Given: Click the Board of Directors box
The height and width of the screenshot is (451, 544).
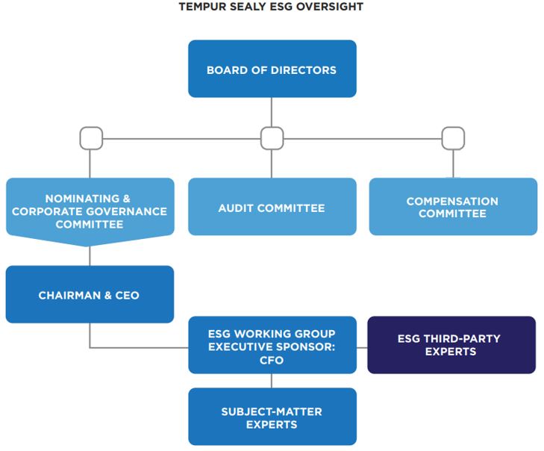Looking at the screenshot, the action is pos(272,69).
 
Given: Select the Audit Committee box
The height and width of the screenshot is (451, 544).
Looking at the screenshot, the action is pos(272,207).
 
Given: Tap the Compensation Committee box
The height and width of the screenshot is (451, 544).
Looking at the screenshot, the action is pos(453,207).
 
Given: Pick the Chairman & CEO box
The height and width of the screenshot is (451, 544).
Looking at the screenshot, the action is pos(90,294).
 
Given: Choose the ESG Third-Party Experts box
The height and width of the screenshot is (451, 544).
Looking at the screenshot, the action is pos(451,345).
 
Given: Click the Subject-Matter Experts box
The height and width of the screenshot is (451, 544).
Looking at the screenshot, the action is pos(272,417).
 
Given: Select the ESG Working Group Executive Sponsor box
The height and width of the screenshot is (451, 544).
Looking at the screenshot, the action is pos(272,345).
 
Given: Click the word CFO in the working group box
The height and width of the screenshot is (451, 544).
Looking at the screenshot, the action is pos(272,360).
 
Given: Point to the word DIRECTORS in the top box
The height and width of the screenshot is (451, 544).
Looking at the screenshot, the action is pos(304,70).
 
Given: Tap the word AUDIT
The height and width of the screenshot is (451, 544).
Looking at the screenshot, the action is pos(236,208).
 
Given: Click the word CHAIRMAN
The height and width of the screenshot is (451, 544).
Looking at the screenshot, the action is pos(69,295).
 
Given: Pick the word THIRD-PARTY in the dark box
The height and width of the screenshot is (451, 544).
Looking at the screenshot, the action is pos(462,338).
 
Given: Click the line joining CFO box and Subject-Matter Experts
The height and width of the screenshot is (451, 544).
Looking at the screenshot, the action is pos(272,381).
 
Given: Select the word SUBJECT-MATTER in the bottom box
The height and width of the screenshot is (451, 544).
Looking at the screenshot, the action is pos(272,411).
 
